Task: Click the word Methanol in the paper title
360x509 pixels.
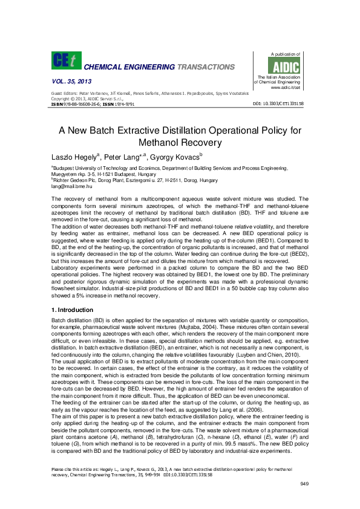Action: (159, 142)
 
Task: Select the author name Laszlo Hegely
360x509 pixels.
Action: (75, 156)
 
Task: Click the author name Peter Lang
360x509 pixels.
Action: (123, 156)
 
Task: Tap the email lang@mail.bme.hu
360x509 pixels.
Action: (71, 187)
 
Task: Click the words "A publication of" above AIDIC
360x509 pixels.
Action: (285, 54)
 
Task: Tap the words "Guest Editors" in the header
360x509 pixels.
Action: (65, 94)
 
